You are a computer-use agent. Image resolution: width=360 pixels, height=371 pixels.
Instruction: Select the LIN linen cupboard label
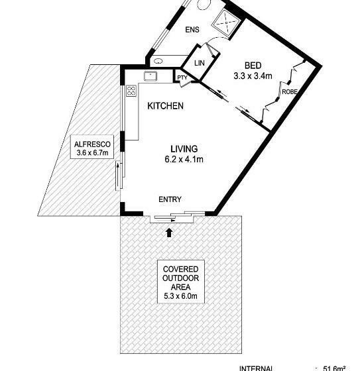coord(199,64)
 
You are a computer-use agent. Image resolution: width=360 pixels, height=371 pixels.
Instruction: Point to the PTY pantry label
coord(182,78)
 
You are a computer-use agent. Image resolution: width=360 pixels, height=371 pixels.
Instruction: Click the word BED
coord(252,66)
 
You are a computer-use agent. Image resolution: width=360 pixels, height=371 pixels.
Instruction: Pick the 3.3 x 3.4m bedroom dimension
coord(252,76)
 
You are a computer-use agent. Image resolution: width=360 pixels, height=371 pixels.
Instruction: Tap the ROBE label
coord(289,91)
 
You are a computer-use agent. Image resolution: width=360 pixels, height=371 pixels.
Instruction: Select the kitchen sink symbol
coord(151,75)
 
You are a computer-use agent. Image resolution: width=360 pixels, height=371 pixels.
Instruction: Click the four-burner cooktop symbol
coord(131,91)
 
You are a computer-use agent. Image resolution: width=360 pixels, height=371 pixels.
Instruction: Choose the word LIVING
coord(184,149)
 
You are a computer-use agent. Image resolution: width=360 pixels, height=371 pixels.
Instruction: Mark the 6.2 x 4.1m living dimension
coord(184,159)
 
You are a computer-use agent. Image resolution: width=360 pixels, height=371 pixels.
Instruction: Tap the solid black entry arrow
coord(170,232)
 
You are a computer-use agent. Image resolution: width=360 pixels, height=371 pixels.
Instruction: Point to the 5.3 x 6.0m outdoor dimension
coord(181,297)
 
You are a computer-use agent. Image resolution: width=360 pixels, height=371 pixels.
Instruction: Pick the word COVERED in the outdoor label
coord(181,270)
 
